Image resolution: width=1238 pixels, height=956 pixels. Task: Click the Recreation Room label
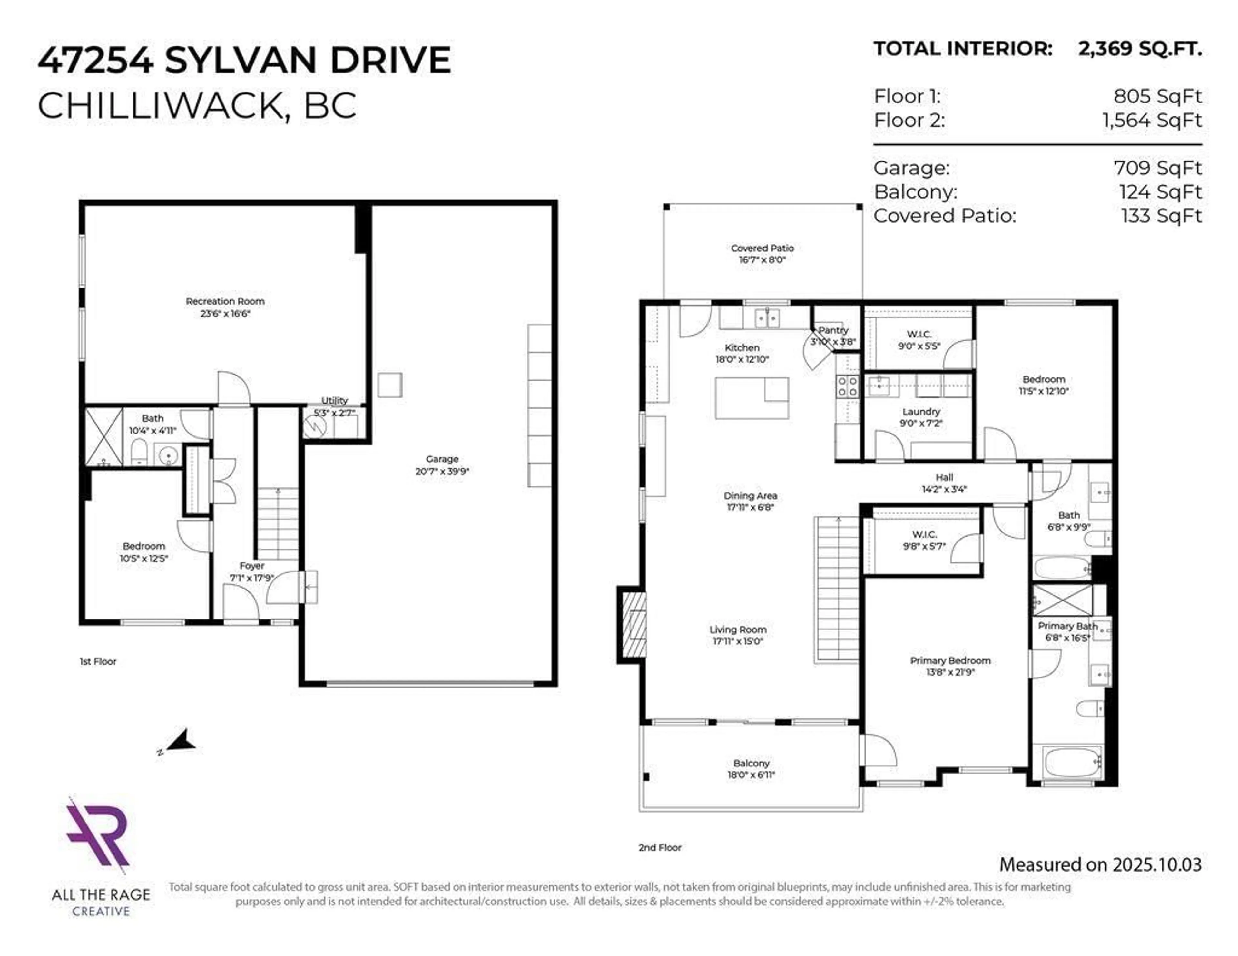[x=225, y=301]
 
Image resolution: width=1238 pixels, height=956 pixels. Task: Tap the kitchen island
[x=751, y=398]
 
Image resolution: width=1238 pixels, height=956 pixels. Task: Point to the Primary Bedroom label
[x=950, y=660]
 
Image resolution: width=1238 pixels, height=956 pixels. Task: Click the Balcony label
[x=751, y=763]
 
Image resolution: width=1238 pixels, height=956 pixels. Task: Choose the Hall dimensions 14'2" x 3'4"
[x=944, y=489]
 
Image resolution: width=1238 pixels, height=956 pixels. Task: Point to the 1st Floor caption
[x=98, y=661]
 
